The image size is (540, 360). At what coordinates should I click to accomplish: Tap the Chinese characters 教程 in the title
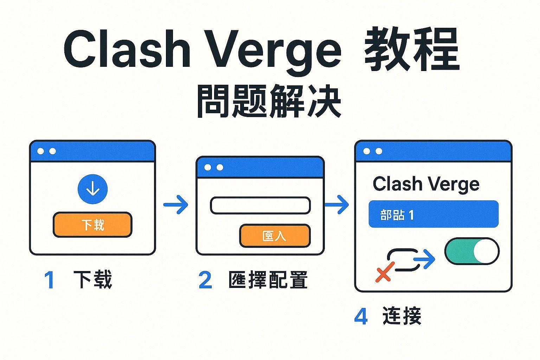point(412,49)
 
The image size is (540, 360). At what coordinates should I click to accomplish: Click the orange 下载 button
point(92,225)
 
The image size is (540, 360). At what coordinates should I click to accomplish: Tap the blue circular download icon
point(92,189)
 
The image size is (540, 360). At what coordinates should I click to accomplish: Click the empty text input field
point(260,205)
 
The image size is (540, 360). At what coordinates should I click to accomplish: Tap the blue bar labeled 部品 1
point(433,214)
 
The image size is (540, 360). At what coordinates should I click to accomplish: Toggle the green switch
point(472,251)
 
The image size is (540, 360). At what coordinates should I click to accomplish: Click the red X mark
point(384,272)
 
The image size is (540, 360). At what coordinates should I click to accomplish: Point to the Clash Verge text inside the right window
point(426,184)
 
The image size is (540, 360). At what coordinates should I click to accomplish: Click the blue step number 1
point(49,280)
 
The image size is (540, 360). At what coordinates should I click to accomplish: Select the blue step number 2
point(205,280)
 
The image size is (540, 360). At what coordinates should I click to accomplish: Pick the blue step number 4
point(361,316)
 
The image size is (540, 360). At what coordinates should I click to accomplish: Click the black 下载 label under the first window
point(93,279)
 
